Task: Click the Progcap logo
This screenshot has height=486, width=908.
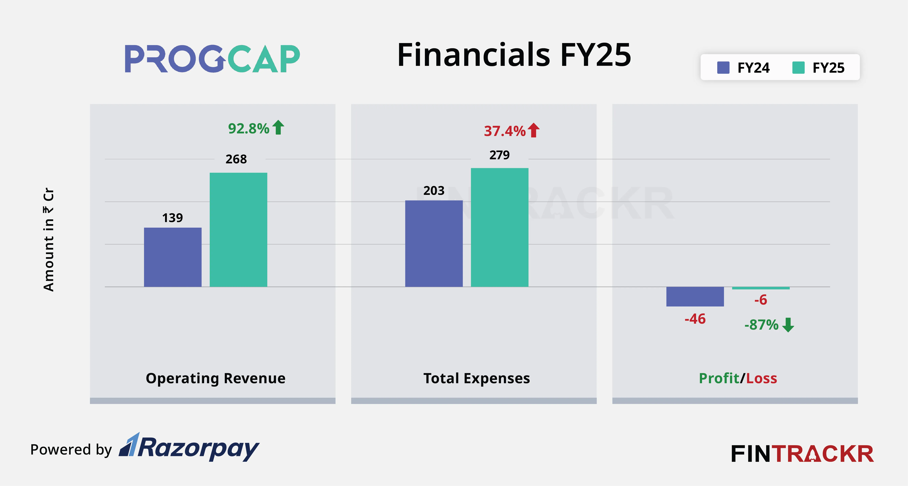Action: pos(212,59)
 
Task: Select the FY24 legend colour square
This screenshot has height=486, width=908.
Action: pos(723,68)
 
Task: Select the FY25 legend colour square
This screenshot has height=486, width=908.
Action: pos(798,68)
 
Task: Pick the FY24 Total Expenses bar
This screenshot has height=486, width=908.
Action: pos(434,244)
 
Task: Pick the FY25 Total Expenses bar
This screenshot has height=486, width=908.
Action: pos(499,227)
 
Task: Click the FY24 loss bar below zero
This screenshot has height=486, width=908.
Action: pos(695,296)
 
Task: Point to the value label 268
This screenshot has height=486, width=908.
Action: pos(236,159)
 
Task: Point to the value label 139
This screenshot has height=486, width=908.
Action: pos(172,218)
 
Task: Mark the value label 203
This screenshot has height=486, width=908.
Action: pos(434,191)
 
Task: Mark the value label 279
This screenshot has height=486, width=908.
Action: pos(499,155)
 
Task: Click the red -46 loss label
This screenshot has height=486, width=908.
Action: pos(695,319)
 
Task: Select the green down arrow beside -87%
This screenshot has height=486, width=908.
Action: pos(788,325)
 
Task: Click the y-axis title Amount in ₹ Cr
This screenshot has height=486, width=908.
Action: pos(49,240)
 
